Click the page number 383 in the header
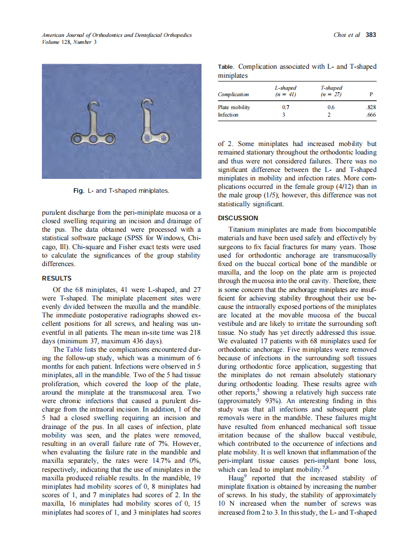click(x=371, y=35)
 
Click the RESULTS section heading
click(x=56, y=279)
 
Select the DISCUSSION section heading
click(x=238, y=218)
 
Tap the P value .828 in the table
click(x=371, y=107)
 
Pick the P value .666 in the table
click(x=371, y=115)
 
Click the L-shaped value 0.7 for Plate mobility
click(x=286, y=107)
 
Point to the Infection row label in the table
click(x=228, y=115)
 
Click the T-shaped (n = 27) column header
click(x=331, y=91)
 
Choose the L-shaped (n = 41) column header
click(x=286, y=91)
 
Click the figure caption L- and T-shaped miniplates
click(x=121, y=190)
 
